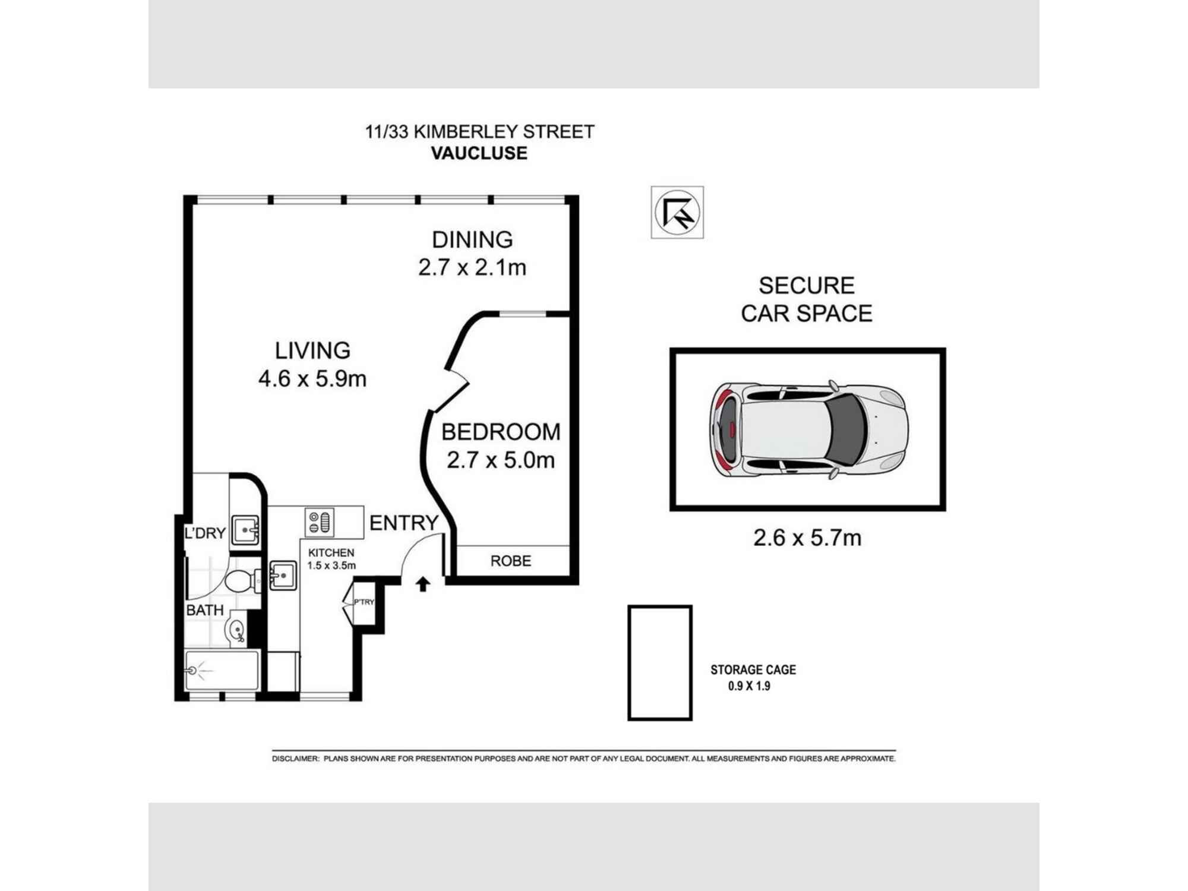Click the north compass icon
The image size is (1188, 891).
point(677,212)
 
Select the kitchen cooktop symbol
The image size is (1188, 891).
point(320,522)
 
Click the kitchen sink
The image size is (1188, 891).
point(283,575)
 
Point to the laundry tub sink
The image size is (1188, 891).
point(245,529)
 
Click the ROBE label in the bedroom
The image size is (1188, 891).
point(510,561)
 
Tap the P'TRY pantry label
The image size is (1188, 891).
point(364,602)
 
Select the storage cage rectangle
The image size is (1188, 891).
point(660,662)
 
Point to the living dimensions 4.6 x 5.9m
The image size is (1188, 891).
point(312,378)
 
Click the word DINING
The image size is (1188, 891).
point(472,239)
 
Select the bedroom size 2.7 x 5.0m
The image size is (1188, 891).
point(500,460)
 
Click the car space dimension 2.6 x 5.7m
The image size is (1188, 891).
point(807,538)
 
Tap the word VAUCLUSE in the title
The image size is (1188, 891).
point(479,153)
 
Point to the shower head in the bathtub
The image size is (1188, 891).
point(192,670)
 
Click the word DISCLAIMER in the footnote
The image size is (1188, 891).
point(295,759)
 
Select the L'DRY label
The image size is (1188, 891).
point(205,533)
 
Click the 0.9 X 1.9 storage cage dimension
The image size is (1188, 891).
point(749,686)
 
